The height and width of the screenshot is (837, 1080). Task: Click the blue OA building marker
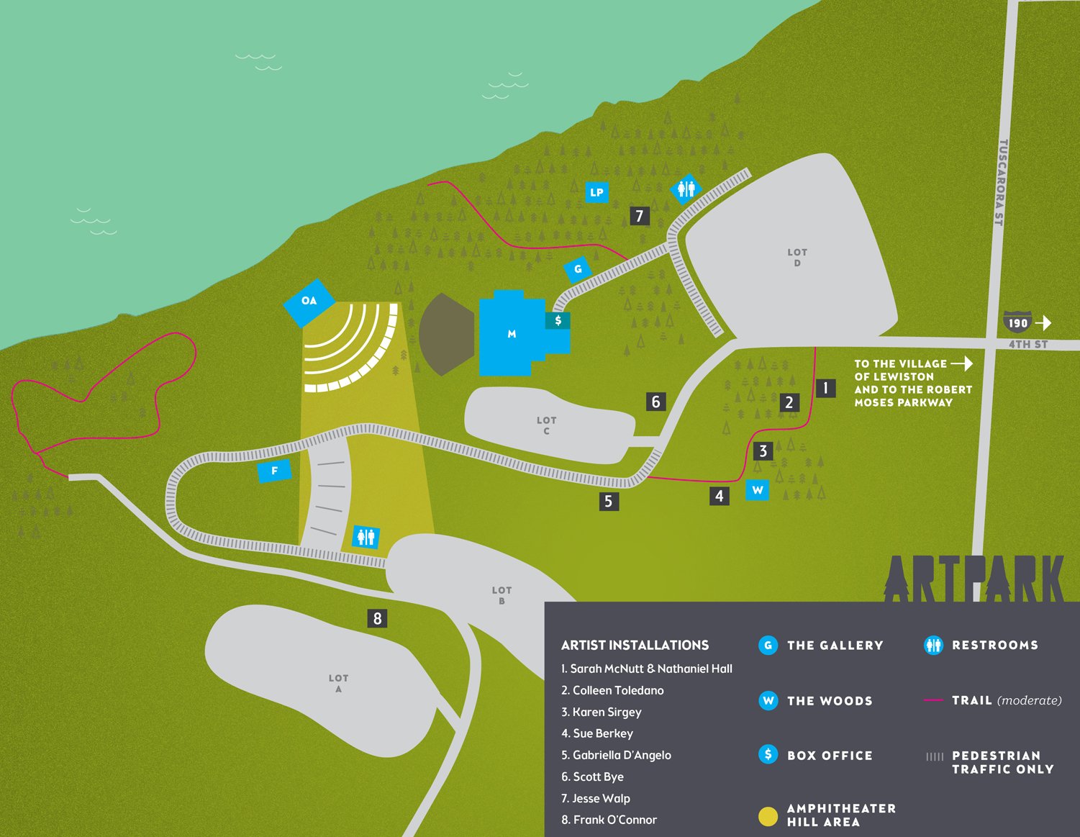click(x=309, y=301)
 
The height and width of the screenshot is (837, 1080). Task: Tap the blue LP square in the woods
click(x=596, y=192)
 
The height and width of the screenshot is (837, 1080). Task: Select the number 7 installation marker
click(x=640, y=215)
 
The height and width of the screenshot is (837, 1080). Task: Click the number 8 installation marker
click(x=377, y=618)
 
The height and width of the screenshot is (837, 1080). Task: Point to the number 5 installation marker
click(x=609, y=501)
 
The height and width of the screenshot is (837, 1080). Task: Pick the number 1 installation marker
click(x=825, y=389)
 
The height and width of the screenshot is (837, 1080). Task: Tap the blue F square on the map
click(x=274, y=471)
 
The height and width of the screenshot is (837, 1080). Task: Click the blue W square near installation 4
click(x=758, y=490)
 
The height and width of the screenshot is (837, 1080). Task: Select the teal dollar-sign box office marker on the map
click(x=558, y=321)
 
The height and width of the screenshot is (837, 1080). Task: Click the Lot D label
click(x=797, y=258)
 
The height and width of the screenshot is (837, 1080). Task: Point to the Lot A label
click(x=339, y=683)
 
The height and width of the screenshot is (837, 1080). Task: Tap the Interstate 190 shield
click(x=1017, y=322)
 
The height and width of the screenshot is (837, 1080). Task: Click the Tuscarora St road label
click(x=1001, y=183)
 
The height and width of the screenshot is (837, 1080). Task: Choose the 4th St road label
click(x=1027, y=345)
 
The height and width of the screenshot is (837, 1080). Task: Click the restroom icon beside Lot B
click(x=366, y=537)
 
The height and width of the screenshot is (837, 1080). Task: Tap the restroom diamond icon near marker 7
click(x=686, y=189)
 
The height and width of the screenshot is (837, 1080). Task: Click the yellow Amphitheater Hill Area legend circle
click(x=768, y=816)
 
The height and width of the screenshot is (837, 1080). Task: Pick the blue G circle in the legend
click(x=768, y=646)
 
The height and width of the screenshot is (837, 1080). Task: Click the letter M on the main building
click(x=512, y=334)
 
